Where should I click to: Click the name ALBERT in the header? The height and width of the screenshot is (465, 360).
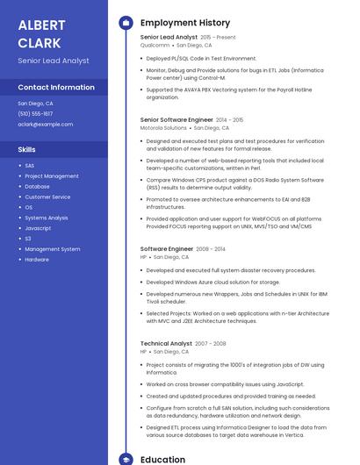(41, 24)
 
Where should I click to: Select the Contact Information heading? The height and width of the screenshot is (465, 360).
(56, 88)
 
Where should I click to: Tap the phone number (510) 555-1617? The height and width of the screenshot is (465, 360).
(35, 114)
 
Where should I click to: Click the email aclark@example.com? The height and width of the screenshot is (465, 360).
(45, 125)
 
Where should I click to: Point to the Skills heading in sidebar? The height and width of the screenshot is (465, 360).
(26, 150)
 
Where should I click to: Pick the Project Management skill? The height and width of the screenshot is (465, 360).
(51, 175)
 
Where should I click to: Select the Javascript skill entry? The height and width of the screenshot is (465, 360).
(38, 228)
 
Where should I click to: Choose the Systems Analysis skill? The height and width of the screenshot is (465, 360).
(46, 218)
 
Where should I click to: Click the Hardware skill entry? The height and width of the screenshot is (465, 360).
(37, 260)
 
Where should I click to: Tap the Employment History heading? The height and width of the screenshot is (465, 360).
(185, 23)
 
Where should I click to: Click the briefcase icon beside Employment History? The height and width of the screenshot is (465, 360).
(126, 23)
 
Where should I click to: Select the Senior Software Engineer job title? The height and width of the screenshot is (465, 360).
(176, 119)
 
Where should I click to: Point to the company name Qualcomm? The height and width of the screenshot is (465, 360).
(155, 45)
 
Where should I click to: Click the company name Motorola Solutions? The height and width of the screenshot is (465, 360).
(163, 128)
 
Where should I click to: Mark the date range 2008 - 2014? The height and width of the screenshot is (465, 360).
(209, 249)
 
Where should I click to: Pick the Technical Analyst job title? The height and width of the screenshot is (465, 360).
(166, 343)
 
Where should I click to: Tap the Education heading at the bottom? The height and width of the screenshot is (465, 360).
(162, 459)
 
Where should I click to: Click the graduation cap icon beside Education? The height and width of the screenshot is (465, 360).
(126, 459)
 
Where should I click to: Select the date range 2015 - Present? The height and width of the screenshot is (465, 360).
(218, 37)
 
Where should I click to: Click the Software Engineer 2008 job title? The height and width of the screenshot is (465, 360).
(166, 249)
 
